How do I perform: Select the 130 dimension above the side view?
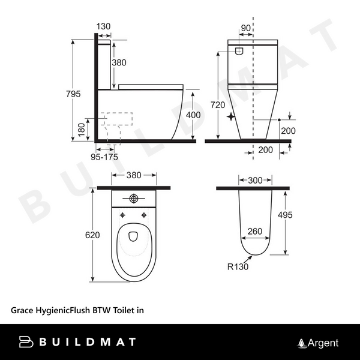(103, 26)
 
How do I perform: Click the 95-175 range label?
(104, 157)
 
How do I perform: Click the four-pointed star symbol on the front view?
(232, 118)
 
